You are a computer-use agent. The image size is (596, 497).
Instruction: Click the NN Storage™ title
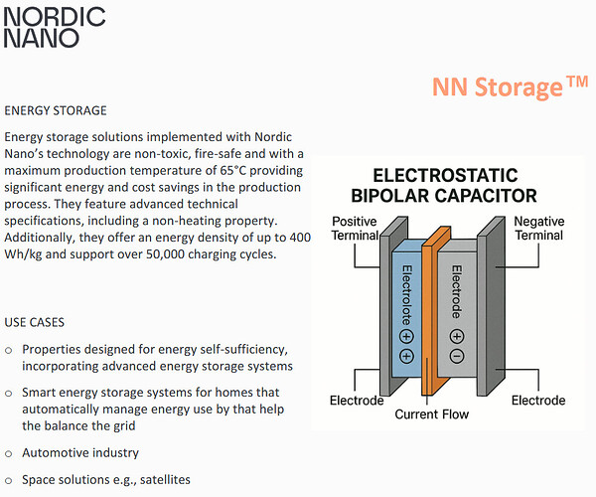point(511,87)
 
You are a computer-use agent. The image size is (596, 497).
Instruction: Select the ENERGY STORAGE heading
point(56,110)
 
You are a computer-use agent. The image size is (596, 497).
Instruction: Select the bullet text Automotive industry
point(80,452)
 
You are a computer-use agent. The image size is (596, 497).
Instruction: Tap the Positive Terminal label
point(355,228)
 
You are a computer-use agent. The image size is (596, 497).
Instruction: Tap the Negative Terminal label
point(540,228)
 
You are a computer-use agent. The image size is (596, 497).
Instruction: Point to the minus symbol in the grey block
point(457,356)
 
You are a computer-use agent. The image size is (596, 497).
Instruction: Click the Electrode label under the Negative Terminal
point(538,401)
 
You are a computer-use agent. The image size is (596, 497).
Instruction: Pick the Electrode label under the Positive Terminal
point(357,401)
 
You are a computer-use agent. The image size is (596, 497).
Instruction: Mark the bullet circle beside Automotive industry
point(9,453)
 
